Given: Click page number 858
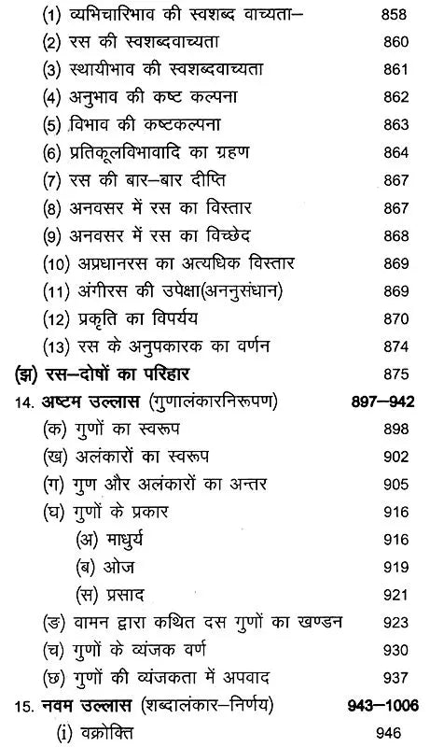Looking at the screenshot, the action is click(390, 18).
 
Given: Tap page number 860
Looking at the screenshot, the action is click(390, 44).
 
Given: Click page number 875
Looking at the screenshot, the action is click(390, 374).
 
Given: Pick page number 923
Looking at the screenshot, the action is click(390, 621).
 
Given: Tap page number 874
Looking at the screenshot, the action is click(390, 347).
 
